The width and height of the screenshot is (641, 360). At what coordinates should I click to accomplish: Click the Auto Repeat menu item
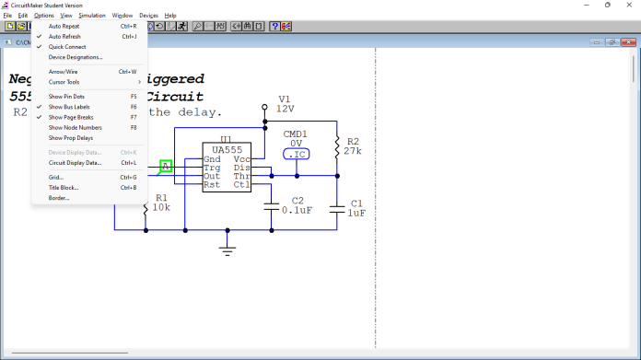64,27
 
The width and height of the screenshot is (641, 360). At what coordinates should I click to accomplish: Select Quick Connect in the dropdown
68,47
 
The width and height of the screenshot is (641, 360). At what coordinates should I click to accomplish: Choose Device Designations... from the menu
76,57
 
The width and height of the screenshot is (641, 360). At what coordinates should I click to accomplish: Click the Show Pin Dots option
66,96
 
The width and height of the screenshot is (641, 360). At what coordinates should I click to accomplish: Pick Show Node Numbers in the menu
73,128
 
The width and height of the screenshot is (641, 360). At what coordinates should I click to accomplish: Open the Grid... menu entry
56,177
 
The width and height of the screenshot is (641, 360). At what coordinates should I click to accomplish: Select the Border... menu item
59,197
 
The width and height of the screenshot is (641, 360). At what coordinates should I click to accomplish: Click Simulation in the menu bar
92,16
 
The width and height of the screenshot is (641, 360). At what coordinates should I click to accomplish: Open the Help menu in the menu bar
170,16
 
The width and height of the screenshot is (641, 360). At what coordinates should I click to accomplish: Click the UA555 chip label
227,149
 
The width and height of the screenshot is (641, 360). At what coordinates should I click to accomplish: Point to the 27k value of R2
353,151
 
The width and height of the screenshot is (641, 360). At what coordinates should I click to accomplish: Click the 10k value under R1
160,208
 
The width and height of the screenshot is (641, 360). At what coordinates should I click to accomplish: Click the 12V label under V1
285,109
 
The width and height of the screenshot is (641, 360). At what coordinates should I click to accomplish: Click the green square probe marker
166,167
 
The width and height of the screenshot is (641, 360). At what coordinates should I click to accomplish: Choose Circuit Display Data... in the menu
75,162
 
